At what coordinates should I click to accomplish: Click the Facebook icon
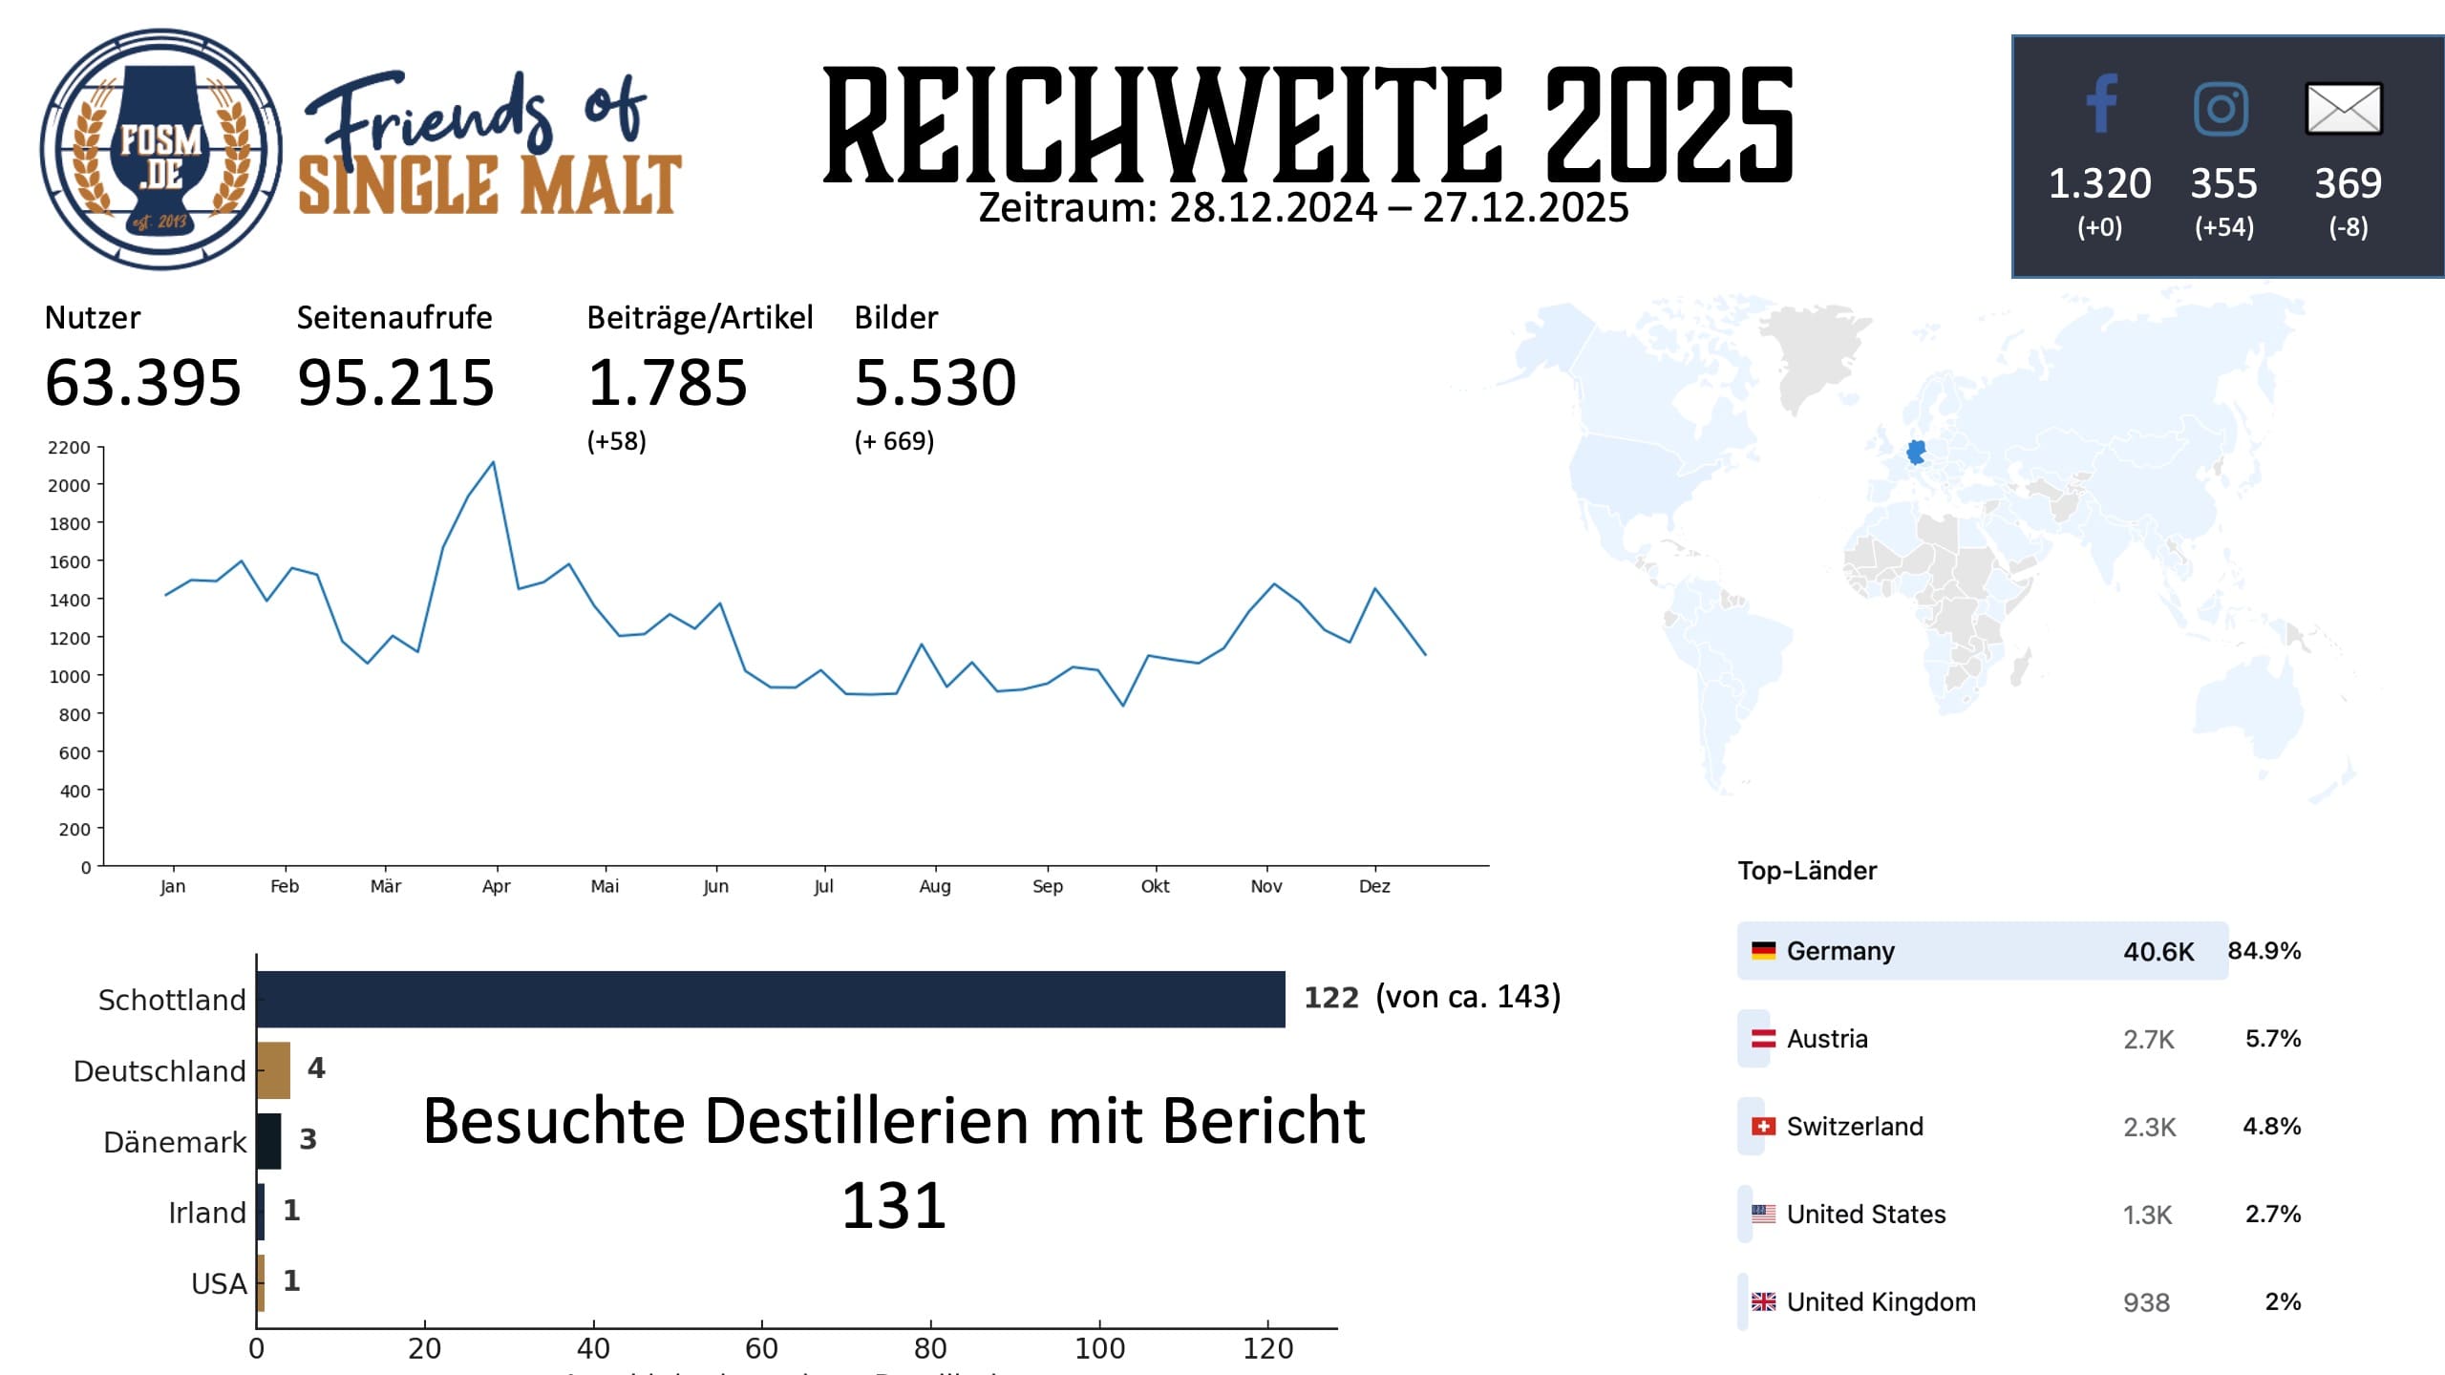click(x=2101, y=104)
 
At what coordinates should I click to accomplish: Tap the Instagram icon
click(x=2221, y=108)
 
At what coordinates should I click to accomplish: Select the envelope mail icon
click(x=2344, y=108)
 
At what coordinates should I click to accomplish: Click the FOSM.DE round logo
click(x=160, y=150)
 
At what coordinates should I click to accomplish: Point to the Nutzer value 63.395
click(x=143, y=383)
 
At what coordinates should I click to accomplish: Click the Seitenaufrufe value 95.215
click(x=395, y=383)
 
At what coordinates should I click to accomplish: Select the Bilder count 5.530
click(x=935, y=383)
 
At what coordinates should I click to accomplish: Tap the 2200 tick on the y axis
click(x=69, y=448)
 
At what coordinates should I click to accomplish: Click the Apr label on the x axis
click(x=496, y=886)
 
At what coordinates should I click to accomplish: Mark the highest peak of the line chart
click(x=493, y=463)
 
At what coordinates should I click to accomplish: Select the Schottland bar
click(x=770, y=999)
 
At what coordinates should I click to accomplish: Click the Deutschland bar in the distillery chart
click(x=273, y=1069)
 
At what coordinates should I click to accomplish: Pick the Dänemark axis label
click(x=175, y=1142)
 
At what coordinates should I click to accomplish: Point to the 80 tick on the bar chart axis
click(x=930, y=1348)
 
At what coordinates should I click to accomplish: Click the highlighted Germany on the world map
click(x=1916, y=452)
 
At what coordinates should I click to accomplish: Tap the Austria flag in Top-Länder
click(x=1763, y=1039)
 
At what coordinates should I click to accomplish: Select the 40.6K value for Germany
click(x=2158, y=952)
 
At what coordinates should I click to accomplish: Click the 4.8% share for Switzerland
click(x=2271, y=1127)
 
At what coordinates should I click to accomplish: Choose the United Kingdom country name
click(x=1881, y=1302)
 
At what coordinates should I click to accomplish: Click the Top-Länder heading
click(x=1807, y=871)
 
